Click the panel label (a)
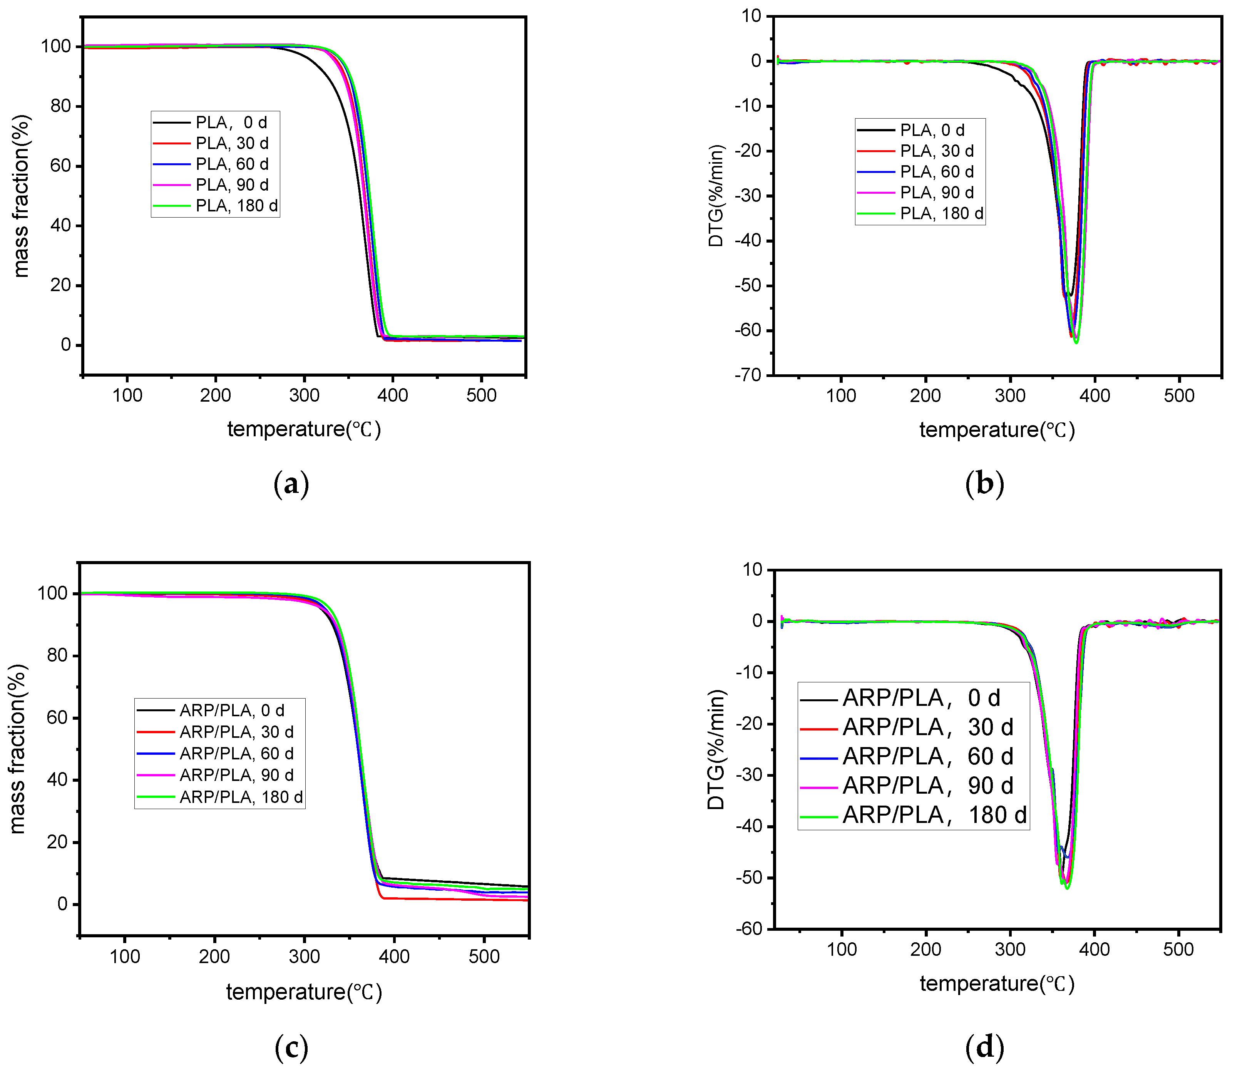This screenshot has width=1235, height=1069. [291, 484]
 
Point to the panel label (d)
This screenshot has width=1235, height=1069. [984, 1047]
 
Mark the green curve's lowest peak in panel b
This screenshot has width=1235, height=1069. [1076, 342]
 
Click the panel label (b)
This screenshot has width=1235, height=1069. [984, 484]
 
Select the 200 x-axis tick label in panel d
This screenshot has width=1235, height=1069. [925, 949]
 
